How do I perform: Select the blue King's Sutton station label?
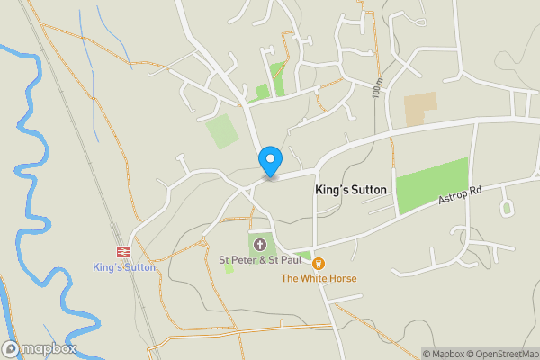(x=124, y=267)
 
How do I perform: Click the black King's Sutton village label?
(x=351, y=191)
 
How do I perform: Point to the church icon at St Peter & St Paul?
(x=261, y=244)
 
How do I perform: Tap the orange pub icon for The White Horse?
(x=319, y=263)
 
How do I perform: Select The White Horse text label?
(x=319, y=279)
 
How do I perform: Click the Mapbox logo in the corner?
(x=40, y=348)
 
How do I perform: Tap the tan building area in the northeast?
(x=419, y=109)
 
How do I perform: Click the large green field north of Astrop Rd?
(x=433, y=185)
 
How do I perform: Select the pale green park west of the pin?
(x=221, y=132)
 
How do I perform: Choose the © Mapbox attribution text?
(x=444, y=354)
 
